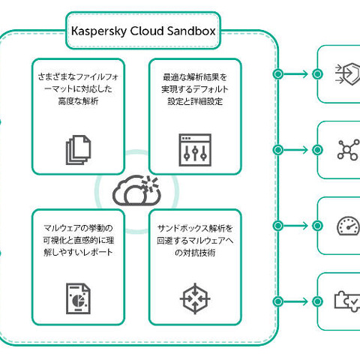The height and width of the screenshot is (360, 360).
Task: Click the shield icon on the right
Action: [x=346, y=73]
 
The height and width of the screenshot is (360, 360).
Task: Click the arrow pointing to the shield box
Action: [x=298, y=73]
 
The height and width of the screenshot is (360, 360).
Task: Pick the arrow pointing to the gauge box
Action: [x=298, y=226]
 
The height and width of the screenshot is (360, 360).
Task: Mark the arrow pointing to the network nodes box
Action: [x=298, y=149]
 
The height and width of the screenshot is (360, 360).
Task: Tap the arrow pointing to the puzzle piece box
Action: [x=298, y=301]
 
